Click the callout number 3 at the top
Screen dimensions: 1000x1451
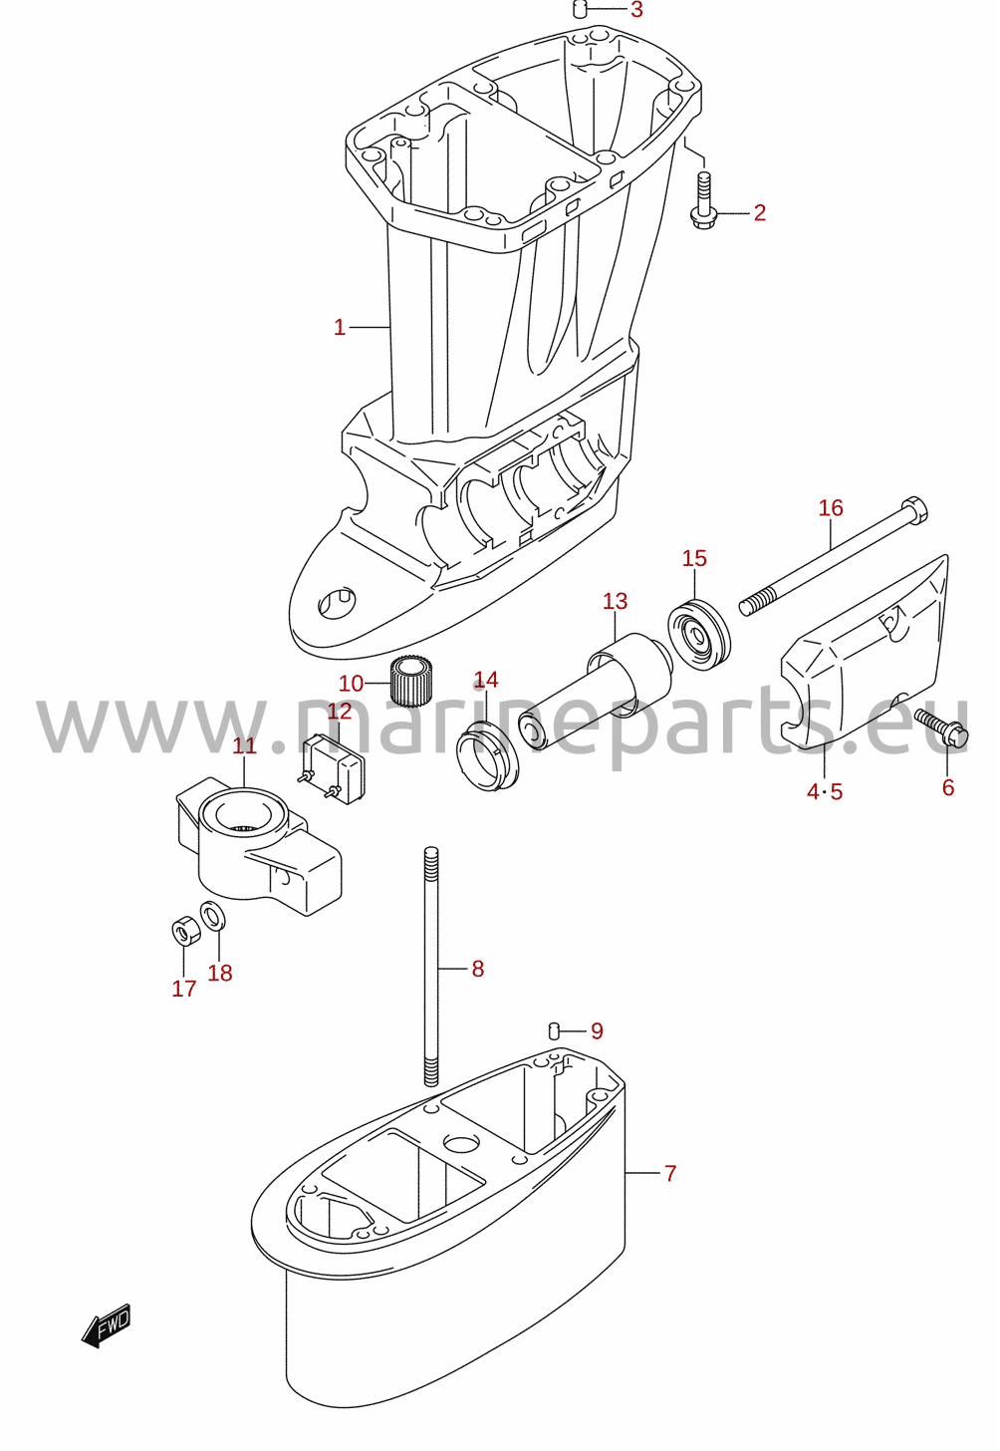pos(636,10)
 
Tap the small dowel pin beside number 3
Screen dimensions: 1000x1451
pos(580,10)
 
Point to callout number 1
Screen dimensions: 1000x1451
pos(340,327)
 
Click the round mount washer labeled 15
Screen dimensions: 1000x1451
pos(699,636)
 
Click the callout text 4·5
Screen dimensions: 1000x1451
pos(825,791)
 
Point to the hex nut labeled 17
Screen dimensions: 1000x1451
pos(184,932)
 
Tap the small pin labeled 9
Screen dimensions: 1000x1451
pos(554,1029)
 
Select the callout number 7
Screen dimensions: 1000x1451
pos(670,1173)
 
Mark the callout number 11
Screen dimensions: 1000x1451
pos(245,745)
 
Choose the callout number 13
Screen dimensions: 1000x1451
pos(615,601)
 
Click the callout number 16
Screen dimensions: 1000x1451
pos(831,508)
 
